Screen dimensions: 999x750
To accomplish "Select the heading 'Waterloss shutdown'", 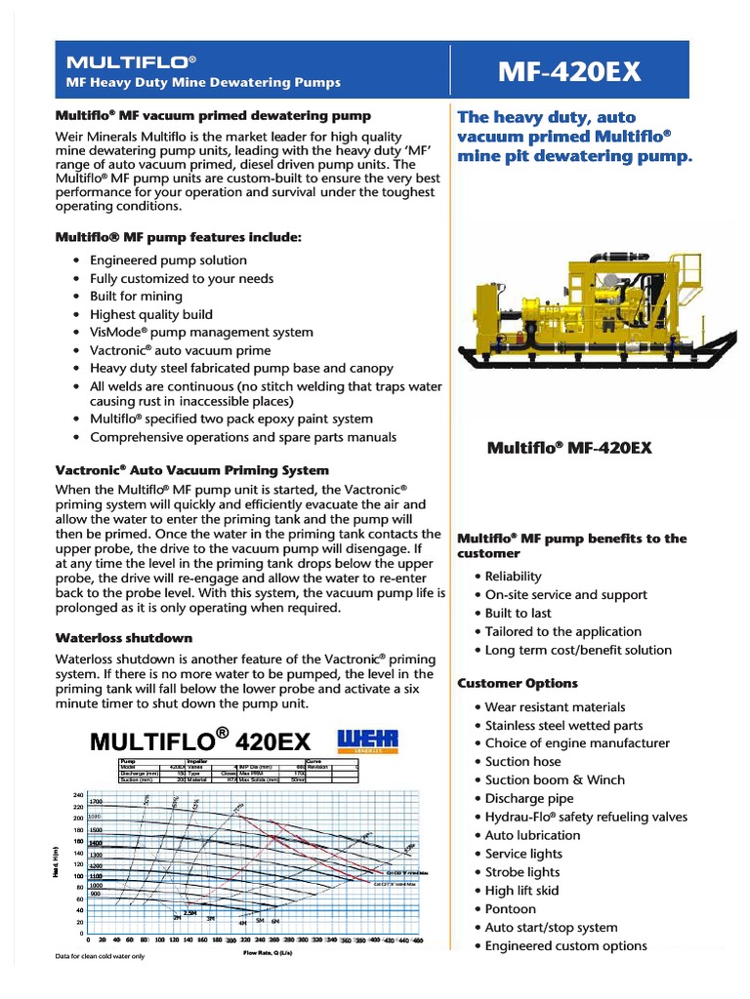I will click(124, 638).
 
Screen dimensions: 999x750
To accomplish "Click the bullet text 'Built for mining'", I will click(136, 297).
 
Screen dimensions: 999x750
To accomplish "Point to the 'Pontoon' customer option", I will click(511, 909).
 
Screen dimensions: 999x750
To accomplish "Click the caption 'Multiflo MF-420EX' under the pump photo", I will click(569, 448).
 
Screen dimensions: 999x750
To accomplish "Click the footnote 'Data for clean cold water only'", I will click(101, 956).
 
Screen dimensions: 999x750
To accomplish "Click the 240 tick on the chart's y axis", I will click(78, 796).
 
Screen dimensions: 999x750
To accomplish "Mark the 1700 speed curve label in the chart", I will click(96, 802).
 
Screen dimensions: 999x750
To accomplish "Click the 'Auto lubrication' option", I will click(532, 835).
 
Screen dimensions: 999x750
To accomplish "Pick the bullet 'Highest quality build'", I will click(150, 314).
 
